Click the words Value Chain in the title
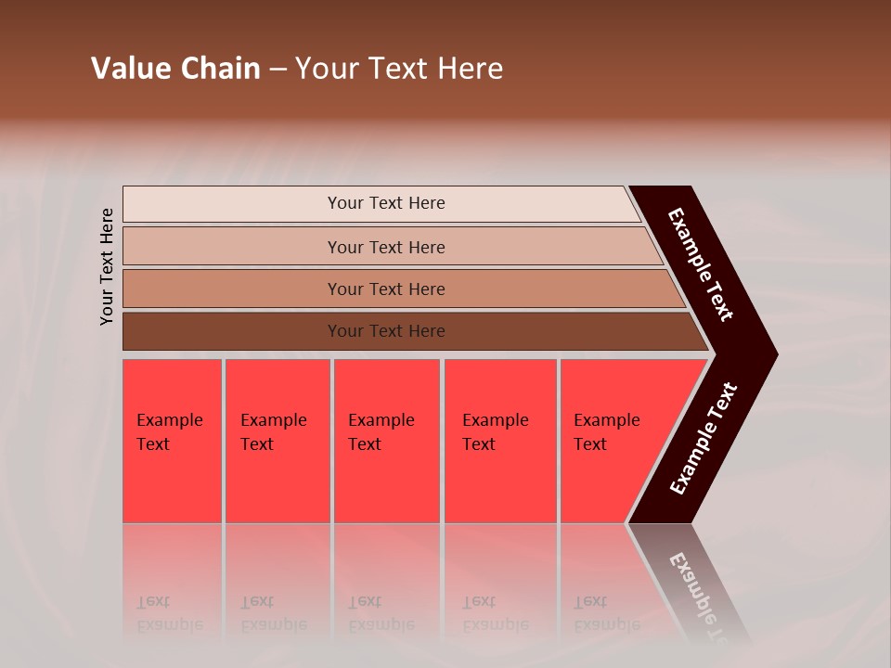[x=175, y=69]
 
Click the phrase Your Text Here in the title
[x=399, y=69]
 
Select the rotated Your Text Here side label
[x=107, y=266]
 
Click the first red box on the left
[x=173, y=482]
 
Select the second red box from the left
[x=277, y=482]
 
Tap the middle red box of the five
[x=386, y=482]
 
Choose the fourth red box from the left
[x=500, y=482]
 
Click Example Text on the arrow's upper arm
[x=701, y=264]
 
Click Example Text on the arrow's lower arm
[x=704, y=439]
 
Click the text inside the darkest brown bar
[x=386, y=331]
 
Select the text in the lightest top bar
[x=386, y=203]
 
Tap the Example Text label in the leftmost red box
[x=169, y=432]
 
